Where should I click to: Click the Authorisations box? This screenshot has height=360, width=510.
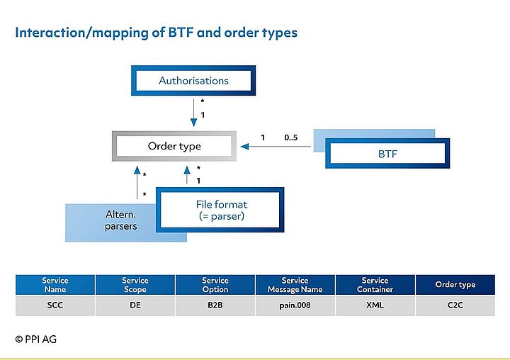tap(193, 81)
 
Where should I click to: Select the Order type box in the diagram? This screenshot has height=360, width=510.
tap(174, 146)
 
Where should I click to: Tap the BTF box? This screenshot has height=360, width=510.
tap(387, 153)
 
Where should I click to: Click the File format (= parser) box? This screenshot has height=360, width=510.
tap(220, 210)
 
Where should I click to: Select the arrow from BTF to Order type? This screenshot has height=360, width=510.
tap(276, 147)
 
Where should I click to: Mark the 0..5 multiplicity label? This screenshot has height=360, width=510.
tap(290, 137)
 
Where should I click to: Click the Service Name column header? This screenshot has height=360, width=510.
tap(55, 285)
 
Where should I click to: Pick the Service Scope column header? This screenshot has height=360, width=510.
tap(135, 285)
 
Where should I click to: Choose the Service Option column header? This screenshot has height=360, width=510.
tap(215, 285)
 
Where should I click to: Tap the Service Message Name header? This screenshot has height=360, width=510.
tap(295, 285)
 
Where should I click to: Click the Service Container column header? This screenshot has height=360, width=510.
tap(375, 285)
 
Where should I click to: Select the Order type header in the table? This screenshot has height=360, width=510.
tap(455, 285)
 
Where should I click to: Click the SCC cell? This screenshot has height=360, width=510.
tap(55, 305)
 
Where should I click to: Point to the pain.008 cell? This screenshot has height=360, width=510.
tap(295, 305)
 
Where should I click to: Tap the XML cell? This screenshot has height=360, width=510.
tap(375, 305)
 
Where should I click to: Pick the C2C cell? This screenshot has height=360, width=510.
tap(455, 305)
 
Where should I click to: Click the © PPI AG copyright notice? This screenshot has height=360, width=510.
tap(35, 339)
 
